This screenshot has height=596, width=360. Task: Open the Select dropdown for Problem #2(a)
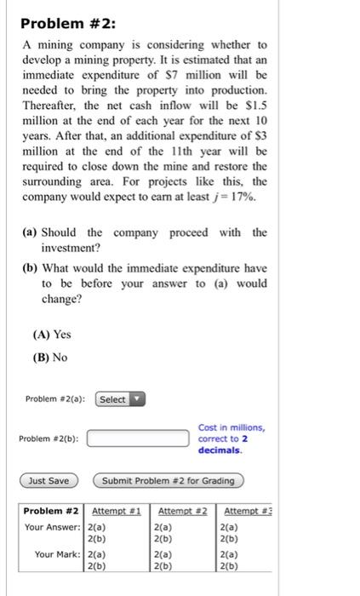point(121,399)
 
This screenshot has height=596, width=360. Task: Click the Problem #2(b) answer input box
point(138,438)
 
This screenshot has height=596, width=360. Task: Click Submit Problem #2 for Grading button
point(168,481)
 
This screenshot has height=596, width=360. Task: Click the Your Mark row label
point(58,554)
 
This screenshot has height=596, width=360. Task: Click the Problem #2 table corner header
point(51,510)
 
